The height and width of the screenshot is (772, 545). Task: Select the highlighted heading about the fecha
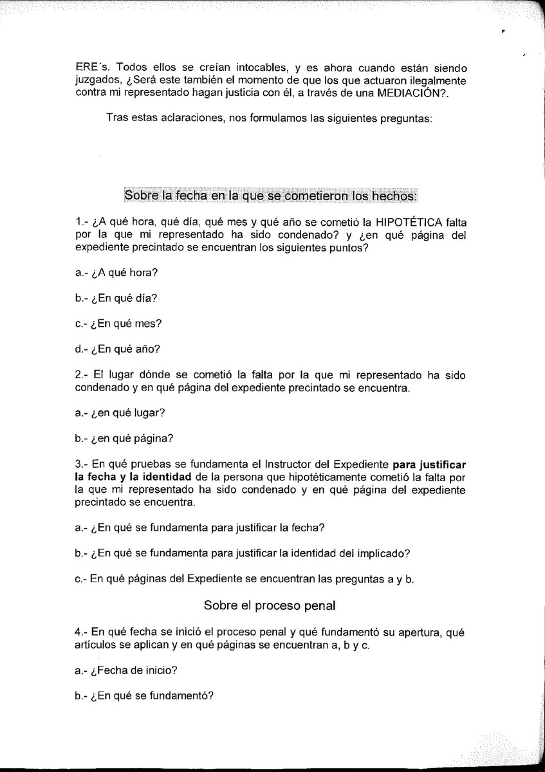(270, 194)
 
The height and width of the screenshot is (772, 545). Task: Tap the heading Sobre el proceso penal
(270, 605)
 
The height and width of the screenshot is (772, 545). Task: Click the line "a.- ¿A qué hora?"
(116, 273)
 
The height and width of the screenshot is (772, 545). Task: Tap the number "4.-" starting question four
(82, 632)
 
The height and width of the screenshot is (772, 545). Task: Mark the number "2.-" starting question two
(82, 375)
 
